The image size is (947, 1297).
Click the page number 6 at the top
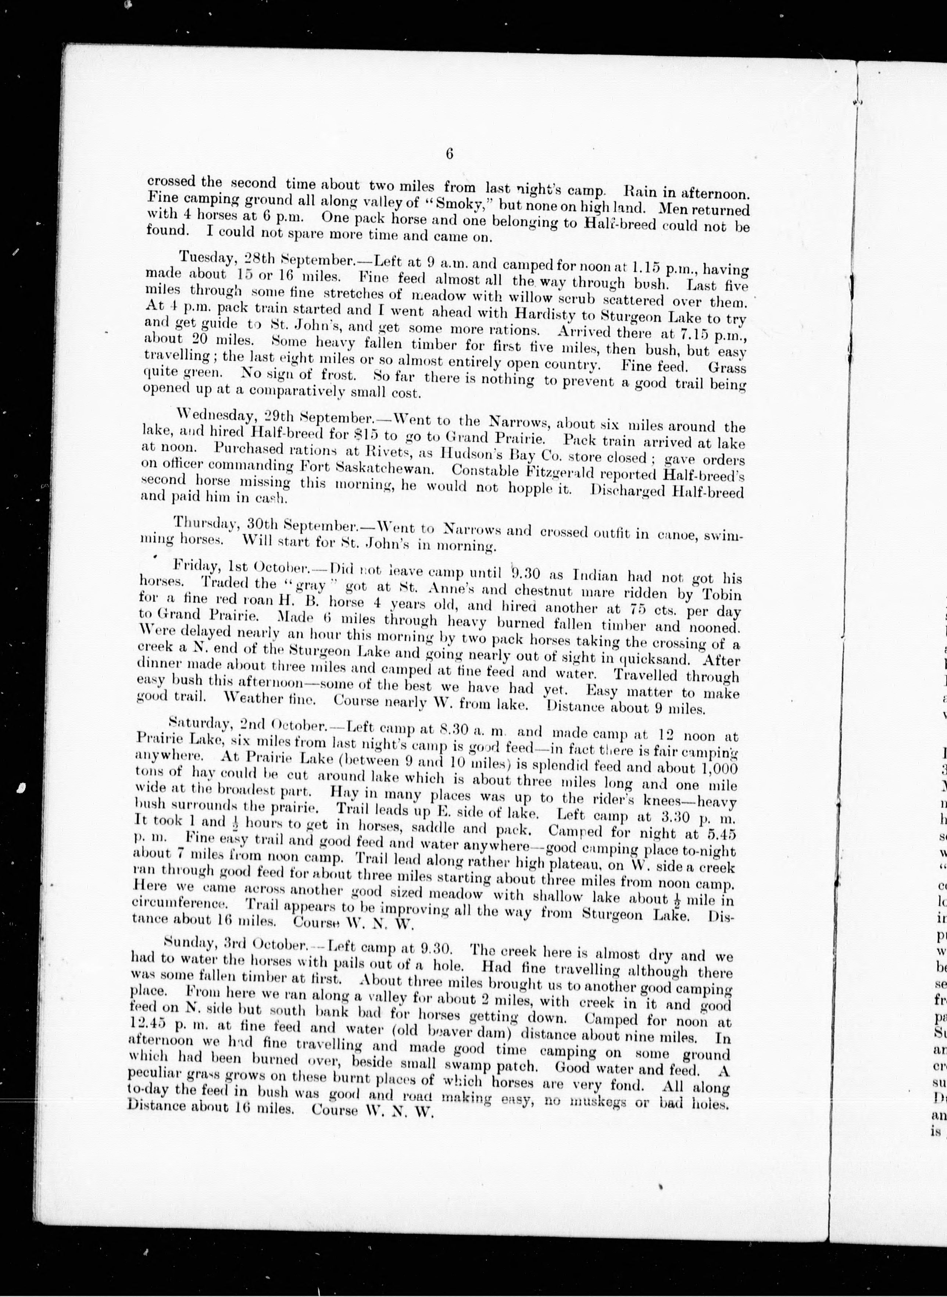(x=449, y=154)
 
